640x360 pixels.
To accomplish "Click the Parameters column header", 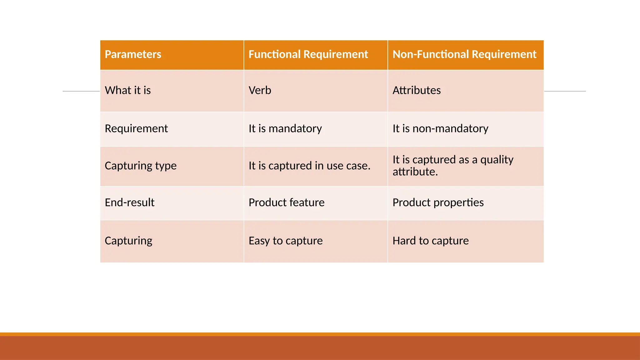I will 133,54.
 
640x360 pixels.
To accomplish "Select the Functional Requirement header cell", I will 308,54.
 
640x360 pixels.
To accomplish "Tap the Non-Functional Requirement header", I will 464,54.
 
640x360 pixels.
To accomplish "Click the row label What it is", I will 128,90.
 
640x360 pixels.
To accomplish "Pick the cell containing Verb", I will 260,90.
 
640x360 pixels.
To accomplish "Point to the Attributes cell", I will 417,90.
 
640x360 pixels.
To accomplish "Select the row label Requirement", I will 136,128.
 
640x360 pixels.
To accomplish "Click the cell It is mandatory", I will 285,128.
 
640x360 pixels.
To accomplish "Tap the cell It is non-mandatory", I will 440,128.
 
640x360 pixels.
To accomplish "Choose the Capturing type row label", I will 141,166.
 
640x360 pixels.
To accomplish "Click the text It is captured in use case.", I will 309,166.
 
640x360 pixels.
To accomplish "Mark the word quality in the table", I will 497,160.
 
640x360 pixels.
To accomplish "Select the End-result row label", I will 130,202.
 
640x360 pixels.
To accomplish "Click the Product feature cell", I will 287,202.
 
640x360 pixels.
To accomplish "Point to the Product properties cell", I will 438,202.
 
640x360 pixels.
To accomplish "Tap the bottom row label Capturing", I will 128,241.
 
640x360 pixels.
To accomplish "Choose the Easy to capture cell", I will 286,241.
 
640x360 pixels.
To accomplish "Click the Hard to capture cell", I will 431,241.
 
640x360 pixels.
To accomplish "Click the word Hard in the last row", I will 404,241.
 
